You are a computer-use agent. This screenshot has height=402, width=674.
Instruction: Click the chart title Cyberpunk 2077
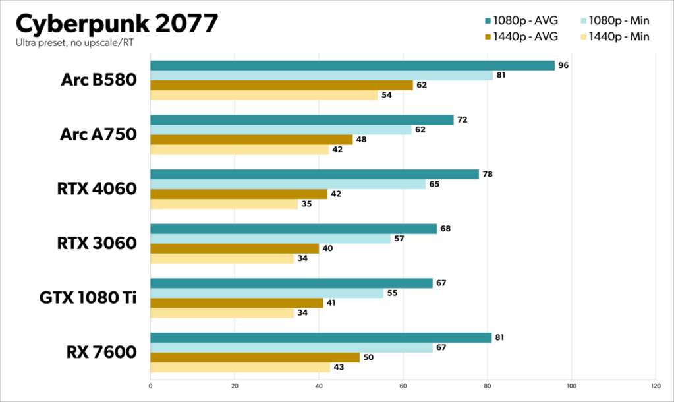pyautogui.click(x=117, y=24)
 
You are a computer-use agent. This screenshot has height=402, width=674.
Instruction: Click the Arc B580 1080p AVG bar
pyautogui.click(x=352, y=65)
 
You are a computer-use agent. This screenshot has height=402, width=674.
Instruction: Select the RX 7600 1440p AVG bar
pyautogui.click(x=255, y=357)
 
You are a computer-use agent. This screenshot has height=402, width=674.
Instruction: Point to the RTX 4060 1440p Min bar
pyautogui.click(x=224, y=204)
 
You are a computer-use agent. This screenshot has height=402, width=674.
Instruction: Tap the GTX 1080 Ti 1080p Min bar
pyautogui.click(x=266, y=293)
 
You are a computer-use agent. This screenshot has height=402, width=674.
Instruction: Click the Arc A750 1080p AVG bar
pyautogui.click(x=302, y=120)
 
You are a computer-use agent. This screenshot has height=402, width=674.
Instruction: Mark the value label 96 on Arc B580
pyautogui.click(x=563, y=65)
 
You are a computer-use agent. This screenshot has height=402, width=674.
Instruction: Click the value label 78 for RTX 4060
pyautogui.click(x=488, y=174)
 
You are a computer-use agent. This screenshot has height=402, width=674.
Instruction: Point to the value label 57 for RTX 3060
pyautogui.click(x=399, y=239)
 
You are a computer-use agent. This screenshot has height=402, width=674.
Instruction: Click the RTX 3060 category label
pyautogui.click(x=96, y=243)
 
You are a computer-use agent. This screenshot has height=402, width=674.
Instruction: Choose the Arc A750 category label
pyautogui.click(x=98, y=134)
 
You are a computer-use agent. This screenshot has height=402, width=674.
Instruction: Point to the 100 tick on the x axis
pyautogui.click(x=571, y=385)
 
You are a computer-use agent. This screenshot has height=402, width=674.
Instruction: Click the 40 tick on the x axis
pyautogui.click(x=319, y=385)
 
